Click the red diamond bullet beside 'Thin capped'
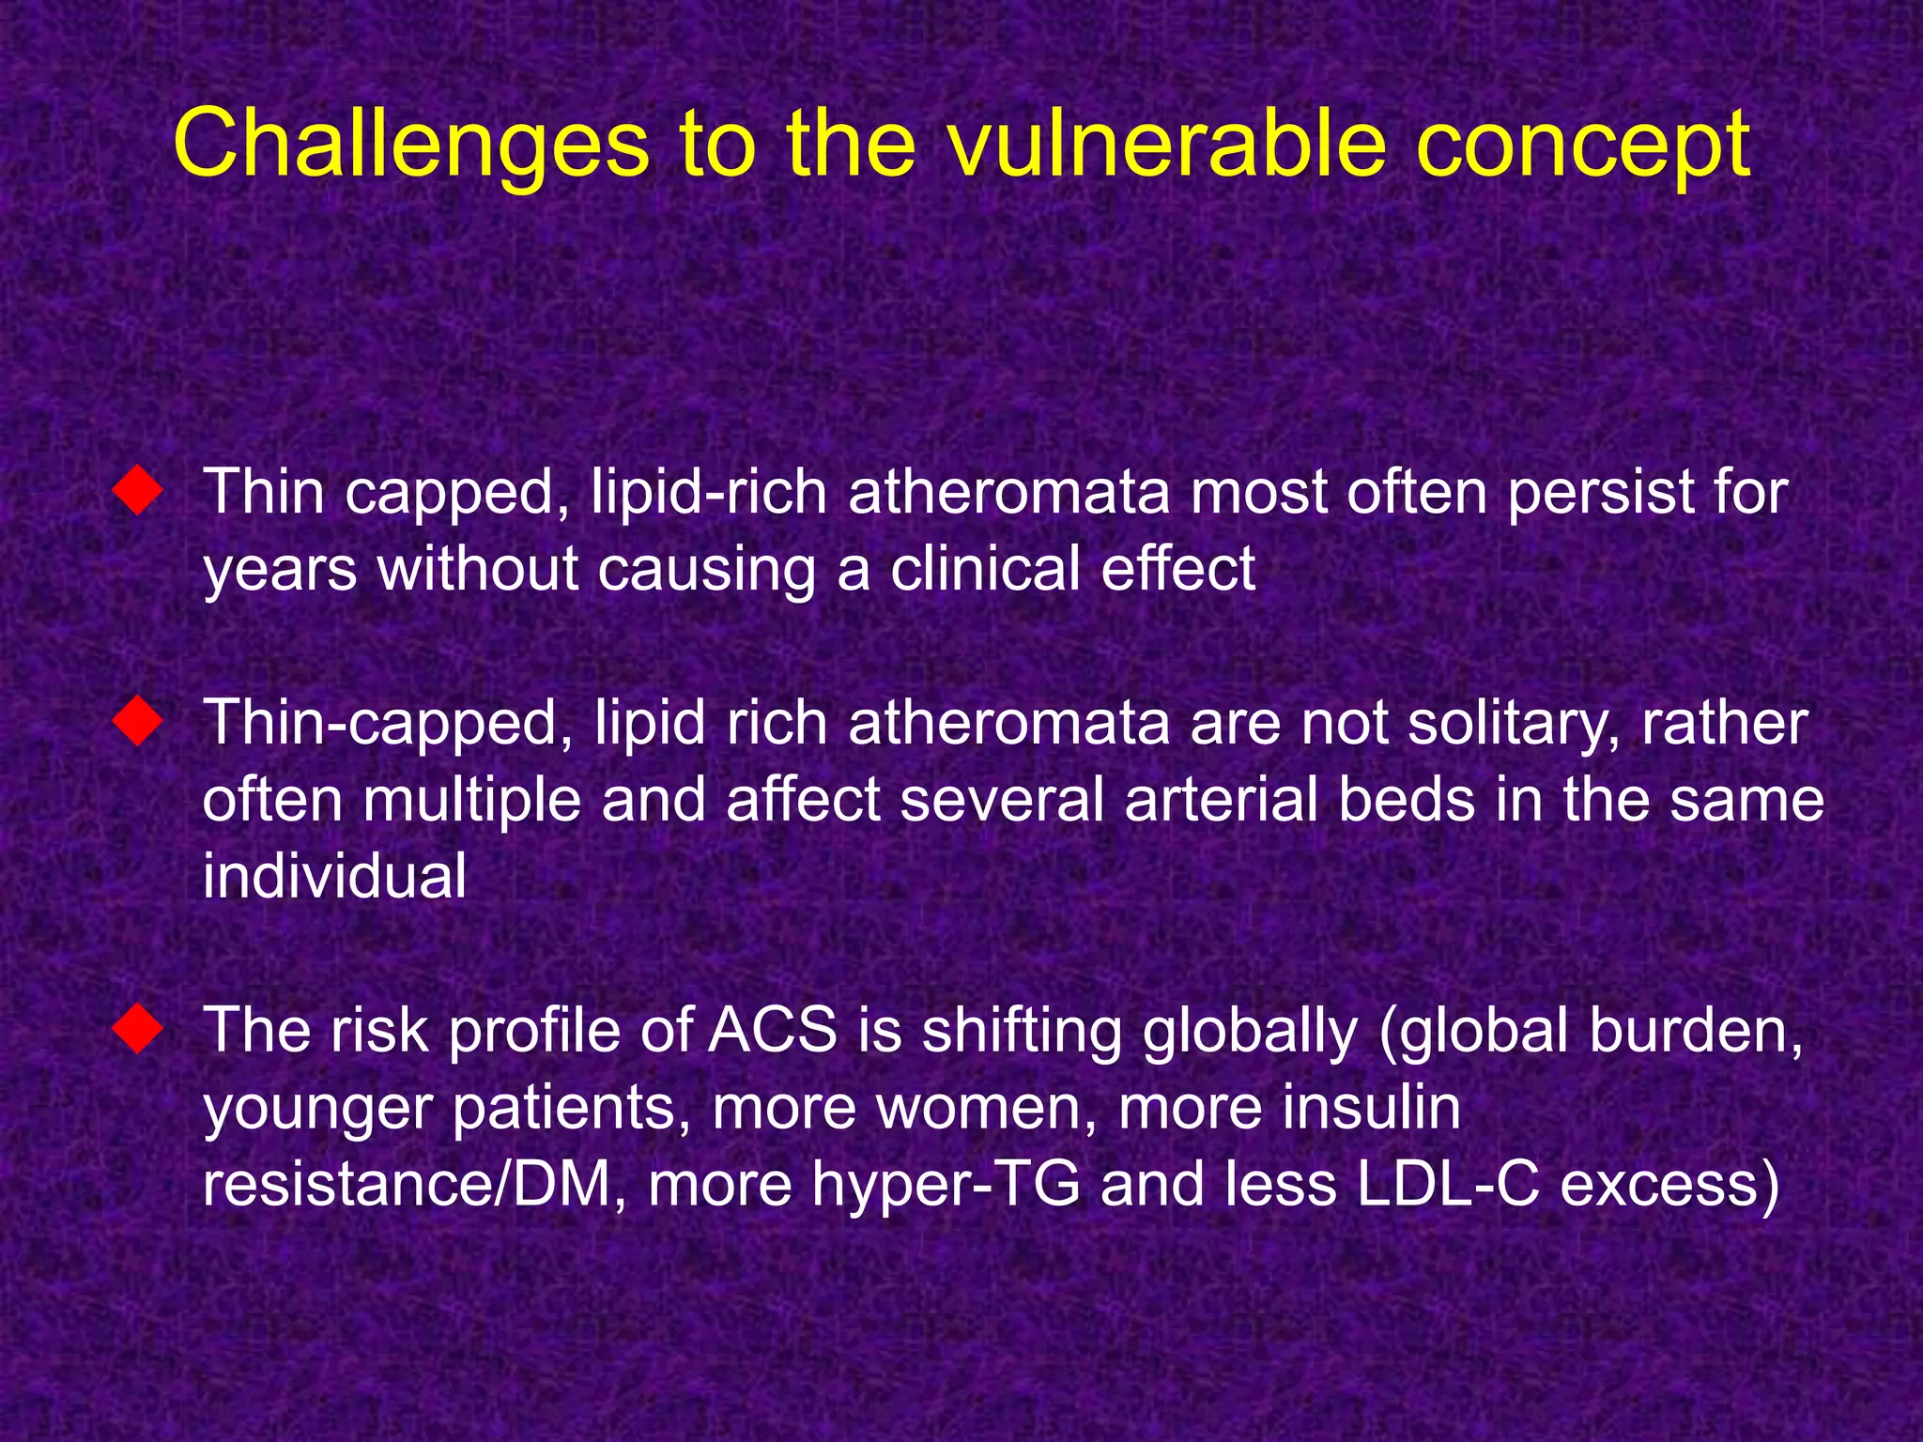[x=137, y=491]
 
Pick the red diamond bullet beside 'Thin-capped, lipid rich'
[x=137, y=722]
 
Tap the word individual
[x=334, y=876]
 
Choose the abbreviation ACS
[x=772, y=1030]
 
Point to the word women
[x=985, y=1108]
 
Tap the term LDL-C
[x=1448, y=1184]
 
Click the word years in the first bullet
[x=280, y=571]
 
